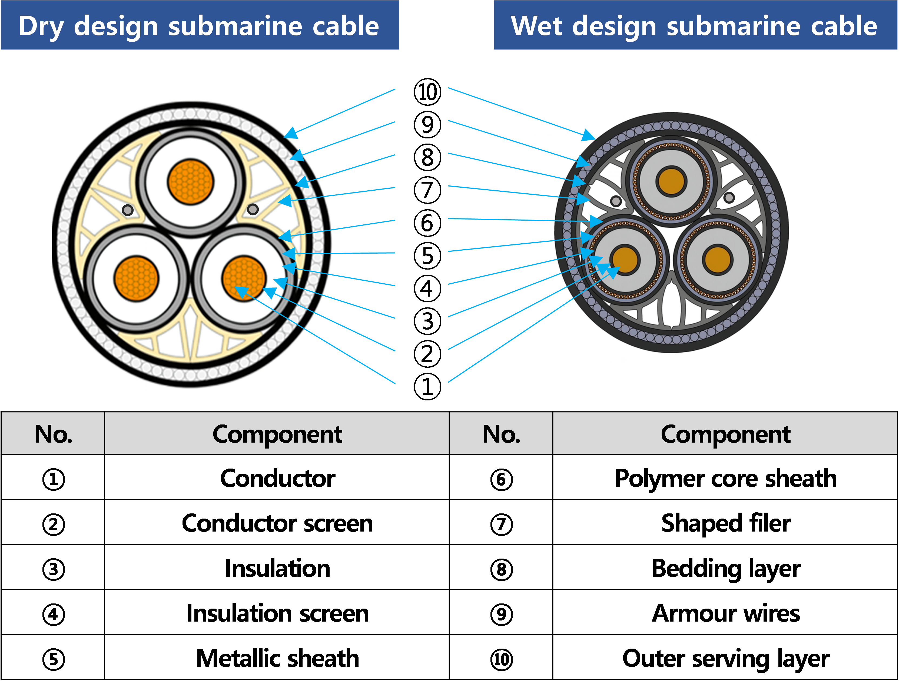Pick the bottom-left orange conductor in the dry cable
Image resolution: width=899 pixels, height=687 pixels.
tap(136, 279)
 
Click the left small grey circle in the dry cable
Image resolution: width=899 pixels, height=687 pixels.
tap(128, 210)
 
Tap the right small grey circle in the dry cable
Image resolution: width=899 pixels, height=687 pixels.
tap(253, 209)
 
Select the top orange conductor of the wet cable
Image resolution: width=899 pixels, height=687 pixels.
tap(671, 181)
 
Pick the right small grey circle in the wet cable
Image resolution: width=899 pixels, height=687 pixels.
tap(729, 198)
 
